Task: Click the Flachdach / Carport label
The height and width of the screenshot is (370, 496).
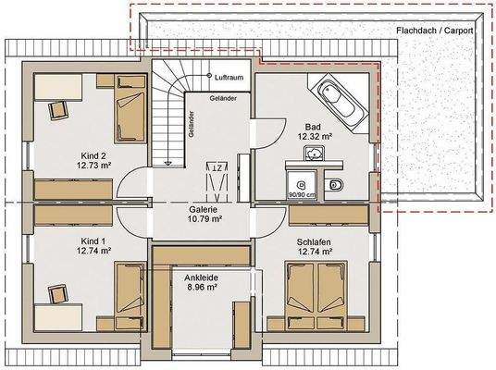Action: coord(434,31)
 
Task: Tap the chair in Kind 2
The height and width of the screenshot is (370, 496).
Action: coord(57,108)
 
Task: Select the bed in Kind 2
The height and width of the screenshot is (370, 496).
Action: coord(129,117)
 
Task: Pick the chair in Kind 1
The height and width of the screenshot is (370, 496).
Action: coord(57,294)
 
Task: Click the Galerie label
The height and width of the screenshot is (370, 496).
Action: coord(205,208)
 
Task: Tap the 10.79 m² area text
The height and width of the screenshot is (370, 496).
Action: coord(205,219)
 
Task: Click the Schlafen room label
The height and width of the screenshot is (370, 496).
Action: coord(315,239)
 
